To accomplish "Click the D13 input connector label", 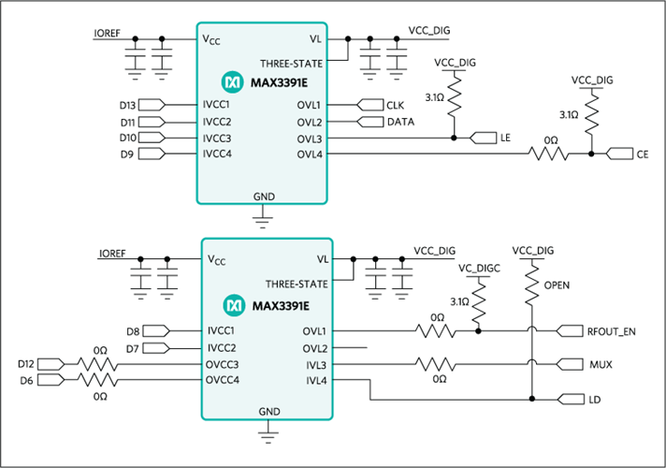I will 128,105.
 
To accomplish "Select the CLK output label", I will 395,105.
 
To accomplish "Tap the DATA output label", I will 400,122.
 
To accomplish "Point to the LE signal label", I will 505,138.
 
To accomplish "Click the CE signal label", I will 642,154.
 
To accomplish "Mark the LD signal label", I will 595,400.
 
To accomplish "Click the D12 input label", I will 26,363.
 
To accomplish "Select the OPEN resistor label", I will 557,285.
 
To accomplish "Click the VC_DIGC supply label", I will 480,268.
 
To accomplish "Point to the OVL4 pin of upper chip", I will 310,154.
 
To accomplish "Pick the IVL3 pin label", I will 315,364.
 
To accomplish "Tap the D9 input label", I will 127,154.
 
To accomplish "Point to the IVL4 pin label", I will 315,380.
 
